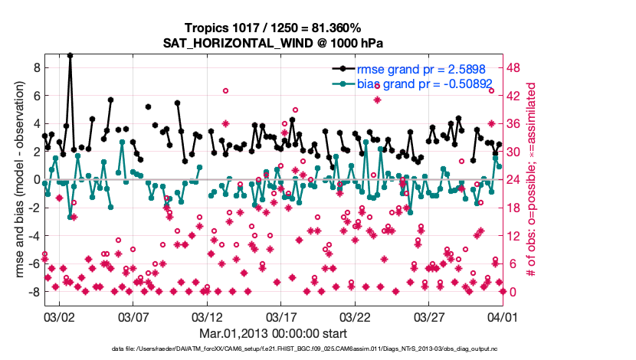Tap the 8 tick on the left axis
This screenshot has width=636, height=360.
click(x=34, y=67)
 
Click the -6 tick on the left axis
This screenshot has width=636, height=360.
click(x=31, y=263)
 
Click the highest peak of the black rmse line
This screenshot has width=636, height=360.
click(x=70, y=55)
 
